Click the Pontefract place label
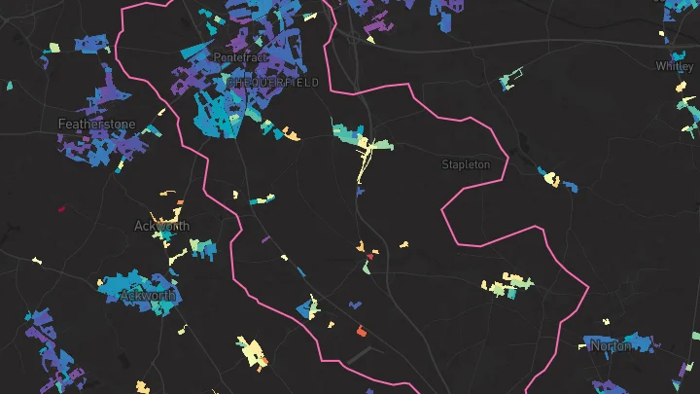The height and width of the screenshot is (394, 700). pos(239,58)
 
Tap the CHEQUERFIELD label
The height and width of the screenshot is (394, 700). pos(272,84)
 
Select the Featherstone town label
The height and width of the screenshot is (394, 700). pos(97,125)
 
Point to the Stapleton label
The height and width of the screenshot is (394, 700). pos(466,164)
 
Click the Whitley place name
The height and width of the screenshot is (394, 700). pos(675,67)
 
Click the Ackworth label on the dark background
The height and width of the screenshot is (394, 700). pos(161,226)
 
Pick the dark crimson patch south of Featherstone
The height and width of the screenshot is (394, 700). pos(62,207)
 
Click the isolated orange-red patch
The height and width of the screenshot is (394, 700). pos(361,332)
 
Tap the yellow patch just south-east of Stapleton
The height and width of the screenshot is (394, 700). pos(550,177)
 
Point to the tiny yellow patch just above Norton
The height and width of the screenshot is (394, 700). pos(605,321)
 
